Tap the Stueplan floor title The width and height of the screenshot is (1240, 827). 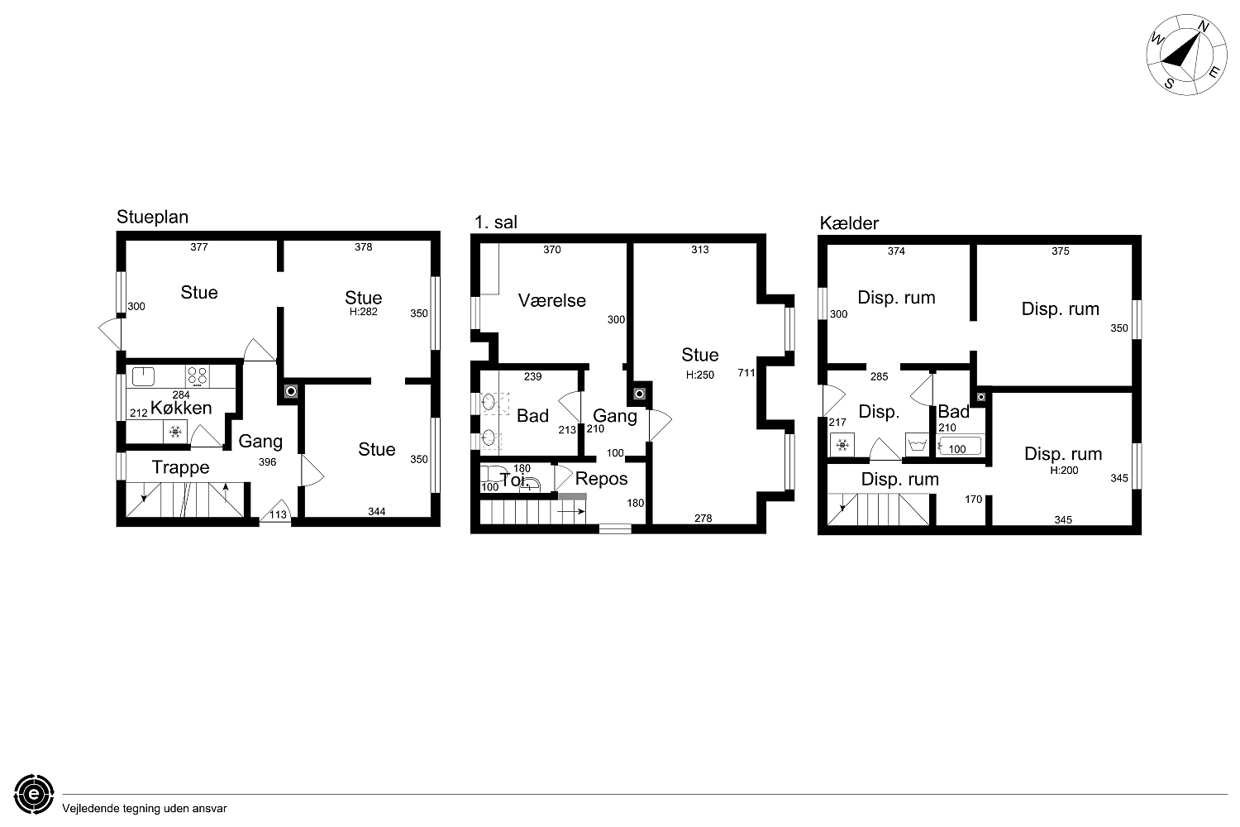coord(152,218)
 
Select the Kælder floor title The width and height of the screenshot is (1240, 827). coord(849,222)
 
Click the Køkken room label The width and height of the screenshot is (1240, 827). coord(181,408)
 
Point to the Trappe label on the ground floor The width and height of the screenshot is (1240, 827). coord(180,467)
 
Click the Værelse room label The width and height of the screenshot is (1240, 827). coord(552,300)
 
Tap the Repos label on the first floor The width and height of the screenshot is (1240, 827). coord(601,479)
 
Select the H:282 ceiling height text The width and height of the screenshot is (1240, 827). coord(363,312)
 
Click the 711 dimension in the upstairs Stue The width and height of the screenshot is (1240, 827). coord(746,373)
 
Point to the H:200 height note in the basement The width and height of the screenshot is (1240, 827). coord(1064,471)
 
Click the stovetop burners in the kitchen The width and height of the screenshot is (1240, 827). coord(197,376)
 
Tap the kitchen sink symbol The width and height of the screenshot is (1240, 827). coord(143,376)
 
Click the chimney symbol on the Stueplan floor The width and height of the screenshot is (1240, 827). coord(291,392)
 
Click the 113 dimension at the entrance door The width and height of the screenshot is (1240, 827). coord(278,514)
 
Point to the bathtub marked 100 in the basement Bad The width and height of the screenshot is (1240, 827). coord(959,447)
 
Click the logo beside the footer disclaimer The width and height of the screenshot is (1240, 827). coord(35,794)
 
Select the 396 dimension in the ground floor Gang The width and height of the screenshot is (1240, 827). coord(267,462)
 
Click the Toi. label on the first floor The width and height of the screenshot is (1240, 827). coord(513,480)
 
